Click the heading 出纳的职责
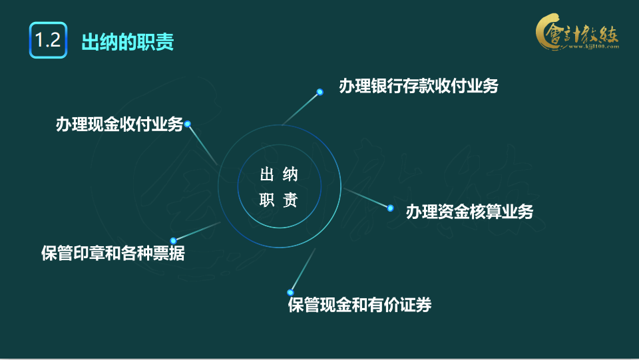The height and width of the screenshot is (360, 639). point(127,41)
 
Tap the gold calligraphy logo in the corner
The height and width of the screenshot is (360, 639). point(576,33)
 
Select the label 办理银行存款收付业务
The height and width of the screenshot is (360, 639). point(418,86)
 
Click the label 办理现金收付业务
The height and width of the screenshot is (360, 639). point(119,125)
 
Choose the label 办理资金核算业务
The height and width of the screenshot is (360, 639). point(469,212)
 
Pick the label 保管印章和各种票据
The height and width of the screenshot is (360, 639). point(112,254)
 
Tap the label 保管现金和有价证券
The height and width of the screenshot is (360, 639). point(359,305)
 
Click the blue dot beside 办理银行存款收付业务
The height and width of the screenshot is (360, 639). point(320,92)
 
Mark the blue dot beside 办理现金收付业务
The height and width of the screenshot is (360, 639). point(188,124)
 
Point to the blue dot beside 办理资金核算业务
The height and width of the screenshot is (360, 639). point(391,208)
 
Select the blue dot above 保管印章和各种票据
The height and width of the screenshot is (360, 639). point(173,240)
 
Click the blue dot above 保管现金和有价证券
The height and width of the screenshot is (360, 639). point(290,291)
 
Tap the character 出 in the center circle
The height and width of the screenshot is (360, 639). point(267,175)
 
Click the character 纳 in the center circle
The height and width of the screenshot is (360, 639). point(290,175)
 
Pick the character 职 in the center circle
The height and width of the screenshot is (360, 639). point(267,201)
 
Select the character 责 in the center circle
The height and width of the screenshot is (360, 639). point(290,201)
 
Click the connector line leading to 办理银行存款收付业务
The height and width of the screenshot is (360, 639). point(301,108)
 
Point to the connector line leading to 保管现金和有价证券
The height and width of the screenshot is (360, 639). point(303,270)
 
